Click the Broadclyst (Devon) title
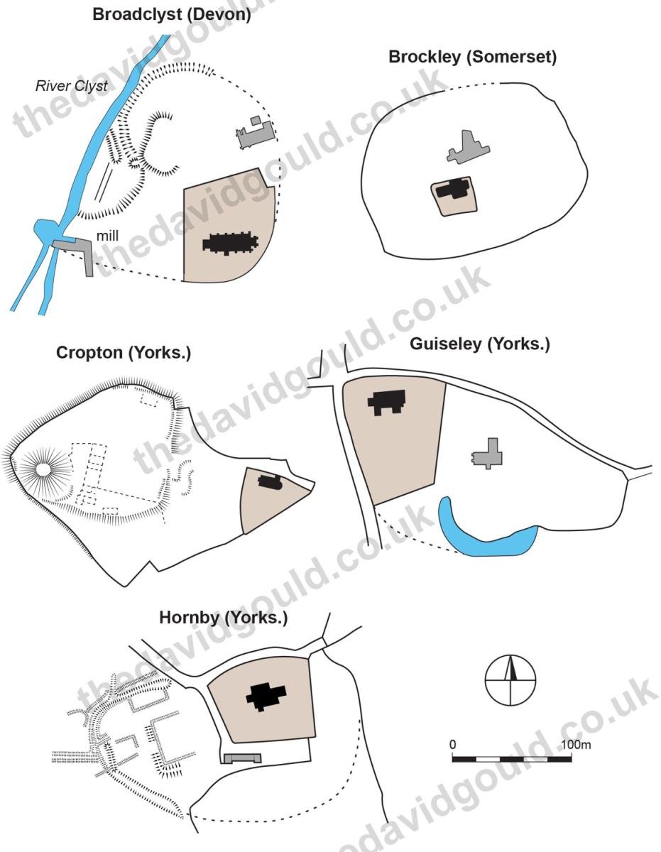[x=171, y=15]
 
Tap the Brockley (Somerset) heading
[x=472, y=58]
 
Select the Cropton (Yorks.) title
[x=124, y=353]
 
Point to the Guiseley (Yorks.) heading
[x=480, y=344]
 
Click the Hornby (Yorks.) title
[x=224, y=618]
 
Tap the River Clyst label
[x=71, y=86]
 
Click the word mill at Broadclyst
[x=107, y=236]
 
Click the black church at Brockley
[x=454, y=189]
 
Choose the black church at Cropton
[x=270, y=481]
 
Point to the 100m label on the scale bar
[x=577, y=744]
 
